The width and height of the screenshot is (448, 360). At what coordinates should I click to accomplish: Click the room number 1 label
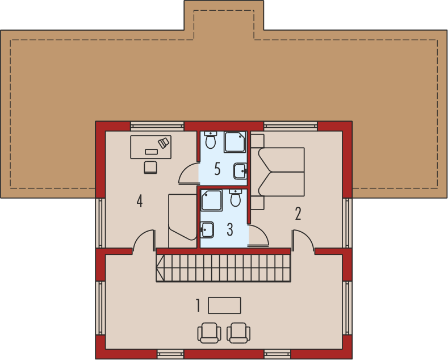(x=198, y=305)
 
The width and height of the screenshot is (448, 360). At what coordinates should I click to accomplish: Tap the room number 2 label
(x=298, y=214)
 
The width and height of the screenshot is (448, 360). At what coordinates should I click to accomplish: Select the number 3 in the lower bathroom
(x=230, y=229)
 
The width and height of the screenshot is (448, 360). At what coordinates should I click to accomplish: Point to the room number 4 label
(x=140, y=200)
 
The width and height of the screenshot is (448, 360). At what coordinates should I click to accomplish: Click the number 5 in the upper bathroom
(x=217, y=169)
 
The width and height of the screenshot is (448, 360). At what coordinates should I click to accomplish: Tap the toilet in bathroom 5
(x=211, y=140)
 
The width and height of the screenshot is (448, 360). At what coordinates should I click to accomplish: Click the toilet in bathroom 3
(x=236, y=198)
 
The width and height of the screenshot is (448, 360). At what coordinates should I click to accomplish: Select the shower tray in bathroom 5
(x=235, y=142)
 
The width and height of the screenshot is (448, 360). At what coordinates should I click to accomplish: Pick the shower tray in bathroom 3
(x=211, y=200)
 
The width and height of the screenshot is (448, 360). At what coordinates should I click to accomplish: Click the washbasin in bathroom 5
(x=241, y=171)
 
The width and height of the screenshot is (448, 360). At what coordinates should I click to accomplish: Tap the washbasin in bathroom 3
(x=207, y=230)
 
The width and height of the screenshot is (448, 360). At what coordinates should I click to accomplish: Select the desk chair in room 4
(x=150, y=168)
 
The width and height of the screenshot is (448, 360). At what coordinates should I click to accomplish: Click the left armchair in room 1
(x=209, y=333)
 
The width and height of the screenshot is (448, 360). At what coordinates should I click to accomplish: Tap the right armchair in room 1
(x=238, y=333)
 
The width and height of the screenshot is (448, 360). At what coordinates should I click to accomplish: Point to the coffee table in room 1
(x=224, y=305)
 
